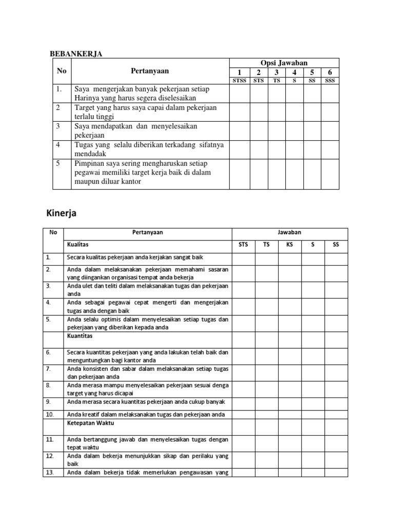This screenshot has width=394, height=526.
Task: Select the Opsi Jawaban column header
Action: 284,63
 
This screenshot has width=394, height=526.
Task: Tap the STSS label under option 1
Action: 240,81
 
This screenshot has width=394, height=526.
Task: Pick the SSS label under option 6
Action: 329,81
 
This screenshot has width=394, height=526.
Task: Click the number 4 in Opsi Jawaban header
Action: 294,72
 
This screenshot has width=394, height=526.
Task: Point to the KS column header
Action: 289,245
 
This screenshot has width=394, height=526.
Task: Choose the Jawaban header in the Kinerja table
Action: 289,233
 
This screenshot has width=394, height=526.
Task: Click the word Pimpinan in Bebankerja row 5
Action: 89,163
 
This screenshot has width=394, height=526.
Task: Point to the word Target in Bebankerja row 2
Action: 85,108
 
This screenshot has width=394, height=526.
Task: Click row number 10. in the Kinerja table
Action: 50,414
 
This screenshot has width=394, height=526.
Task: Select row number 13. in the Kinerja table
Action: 50,472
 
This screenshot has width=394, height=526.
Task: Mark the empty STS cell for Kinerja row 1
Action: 243,257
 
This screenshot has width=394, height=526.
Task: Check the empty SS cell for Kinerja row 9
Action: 336,402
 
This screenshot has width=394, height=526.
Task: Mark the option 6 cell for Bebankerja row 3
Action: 329,130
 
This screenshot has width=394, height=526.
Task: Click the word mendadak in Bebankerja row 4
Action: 91,154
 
